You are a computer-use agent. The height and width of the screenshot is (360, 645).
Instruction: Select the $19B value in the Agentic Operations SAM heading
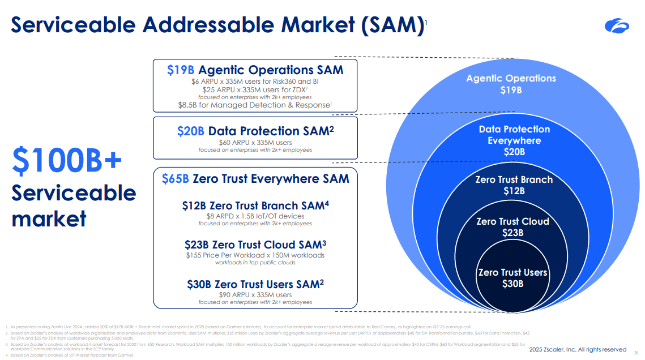pyautogui.click(x=181, y=70)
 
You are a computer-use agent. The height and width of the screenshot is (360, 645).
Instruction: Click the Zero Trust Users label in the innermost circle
pyautogui.click(x=512, y=273)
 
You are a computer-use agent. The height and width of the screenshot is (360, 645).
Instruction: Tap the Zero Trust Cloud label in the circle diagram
pyautogui.click(x=512, y=221)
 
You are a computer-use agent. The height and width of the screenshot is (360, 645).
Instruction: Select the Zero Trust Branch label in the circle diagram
pyautogui.click(x=514, y=180)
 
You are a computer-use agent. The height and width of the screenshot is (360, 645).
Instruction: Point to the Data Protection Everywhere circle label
pyautogui.click(x=514, y=135)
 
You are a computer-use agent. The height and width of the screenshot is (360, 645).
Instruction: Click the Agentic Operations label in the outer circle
pyautogui.click(x=511, y=79)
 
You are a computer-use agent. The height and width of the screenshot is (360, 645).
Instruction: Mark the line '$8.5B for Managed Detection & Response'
pyautogui.click(x=254, y=105)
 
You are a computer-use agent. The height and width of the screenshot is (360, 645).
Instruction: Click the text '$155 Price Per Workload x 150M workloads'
pyautogui.click(x=255, y=255)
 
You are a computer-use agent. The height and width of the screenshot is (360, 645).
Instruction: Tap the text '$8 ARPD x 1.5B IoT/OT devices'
pyautogui.click(x=255, y=216)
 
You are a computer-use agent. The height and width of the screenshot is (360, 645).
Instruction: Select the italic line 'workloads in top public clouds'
pyautogui.click(x=255, y=263)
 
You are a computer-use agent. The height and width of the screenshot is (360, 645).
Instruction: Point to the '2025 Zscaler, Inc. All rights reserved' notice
pyautogui.click(x=578, y=350)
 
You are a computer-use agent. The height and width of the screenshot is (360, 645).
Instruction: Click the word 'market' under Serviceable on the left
pyautogui.click(x=49, y=218)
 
